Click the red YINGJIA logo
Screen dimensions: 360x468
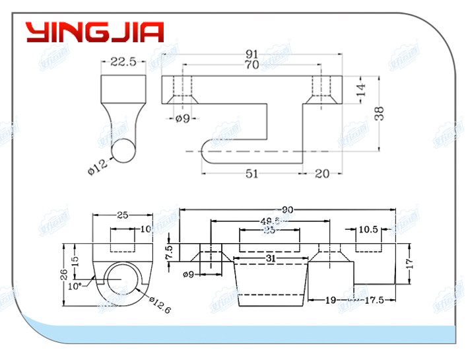[94, 32]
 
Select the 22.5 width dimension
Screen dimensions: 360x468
[123, 62]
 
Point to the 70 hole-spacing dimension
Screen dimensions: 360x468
[251, 65]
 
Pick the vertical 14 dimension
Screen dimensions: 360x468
[360, 90]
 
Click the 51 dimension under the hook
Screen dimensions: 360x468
[251, 173]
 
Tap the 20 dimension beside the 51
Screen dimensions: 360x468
[323, 173]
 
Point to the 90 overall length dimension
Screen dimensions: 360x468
[288, 210]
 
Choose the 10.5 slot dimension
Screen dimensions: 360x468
[368, 230]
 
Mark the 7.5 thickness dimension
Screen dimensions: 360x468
[169, 252]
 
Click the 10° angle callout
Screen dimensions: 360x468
[75, 286]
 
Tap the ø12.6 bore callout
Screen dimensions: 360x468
[161, 304]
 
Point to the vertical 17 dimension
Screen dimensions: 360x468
[409, 262]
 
